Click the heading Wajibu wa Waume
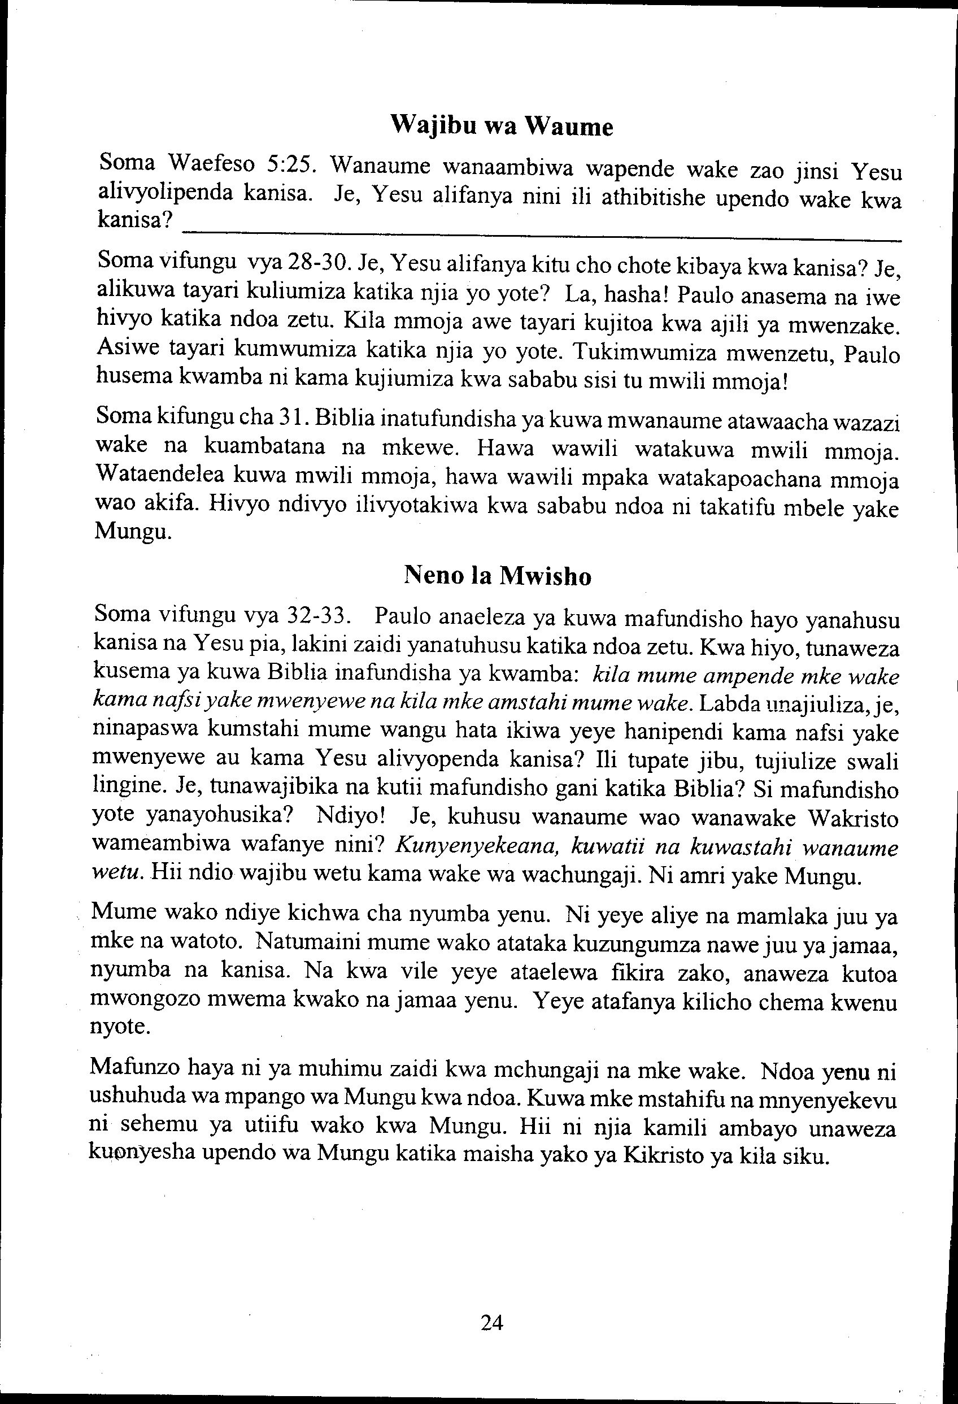[502, 126]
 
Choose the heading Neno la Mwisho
[497, 576]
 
